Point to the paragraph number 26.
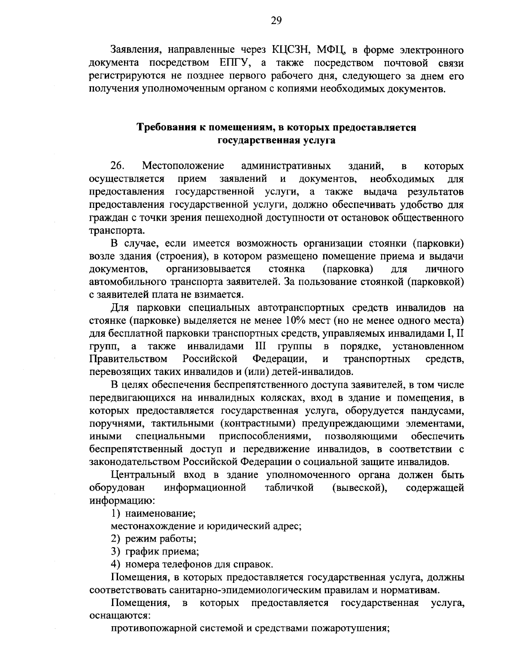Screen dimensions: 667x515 point(117,166)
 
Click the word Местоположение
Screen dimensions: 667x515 point(183,166)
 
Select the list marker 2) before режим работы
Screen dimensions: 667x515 point(115,539)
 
